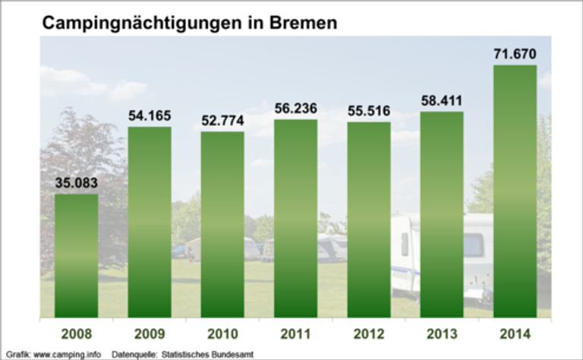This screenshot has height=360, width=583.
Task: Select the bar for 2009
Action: click(150, 222)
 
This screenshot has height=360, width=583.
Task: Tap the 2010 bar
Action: click(222, 224)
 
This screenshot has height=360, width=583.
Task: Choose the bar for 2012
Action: click(369, 219)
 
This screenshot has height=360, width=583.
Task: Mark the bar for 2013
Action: click(442, 214)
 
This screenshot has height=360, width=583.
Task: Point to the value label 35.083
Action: click(76, 183)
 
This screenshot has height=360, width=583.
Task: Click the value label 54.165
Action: click(150, 116)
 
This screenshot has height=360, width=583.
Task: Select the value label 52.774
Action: click(222, 121)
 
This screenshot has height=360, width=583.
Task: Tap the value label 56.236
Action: click(296, 109)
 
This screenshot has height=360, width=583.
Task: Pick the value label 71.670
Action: click(515, 54)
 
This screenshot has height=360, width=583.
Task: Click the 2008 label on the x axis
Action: click(76, 333)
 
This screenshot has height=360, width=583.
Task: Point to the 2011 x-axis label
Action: click(296, 333)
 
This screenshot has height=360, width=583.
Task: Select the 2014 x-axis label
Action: click(515, 333)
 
